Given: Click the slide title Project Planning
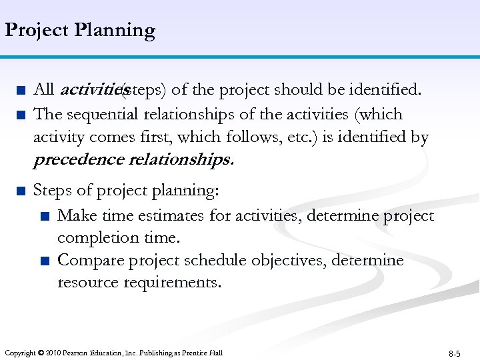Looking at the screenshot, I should (x=80, y=31).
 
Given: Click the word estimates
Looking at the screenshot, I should (x=173, y=216).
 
